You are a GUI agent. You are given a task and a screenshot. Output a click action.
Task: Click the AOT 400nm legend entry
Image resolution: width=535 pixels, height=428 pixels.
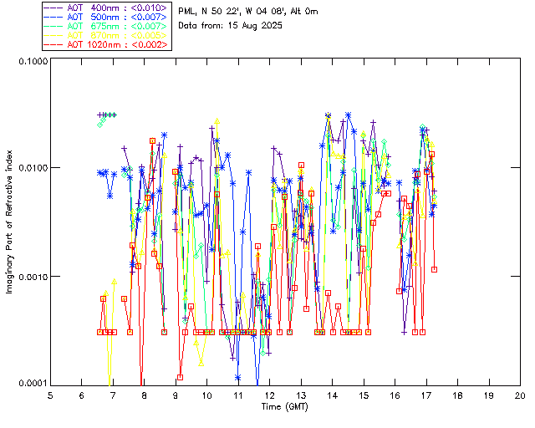[109, 8]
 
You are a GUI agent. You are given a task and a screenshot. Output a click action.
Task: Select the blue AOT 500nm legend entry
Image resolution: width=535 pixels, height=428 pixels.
[109, 17]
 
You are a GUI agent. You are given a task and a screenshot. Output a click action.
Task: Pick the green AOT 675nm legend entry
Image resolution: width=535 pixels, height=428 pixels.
[109, 26]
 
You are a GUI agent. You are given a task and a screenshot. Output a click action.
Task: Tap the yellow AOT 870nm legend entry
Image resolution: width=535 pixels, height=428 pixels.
[109, 35]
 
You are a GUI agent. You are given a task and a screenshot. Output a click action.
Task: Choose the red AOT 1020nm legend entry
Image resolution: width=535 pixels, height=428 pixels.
[109, 44]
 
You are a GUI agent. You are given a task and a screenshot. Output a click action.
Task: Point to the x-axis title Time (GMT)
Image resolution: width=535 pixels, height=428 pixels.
[285, 406]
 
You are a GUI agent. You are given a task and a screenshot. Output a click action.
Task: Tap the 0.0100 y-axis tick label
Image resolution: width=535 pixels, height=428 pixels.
[32, 169]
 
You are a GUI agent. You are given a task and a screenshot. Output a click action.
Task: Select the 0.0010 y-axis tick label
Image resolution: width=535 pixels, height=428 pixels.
[32, 277]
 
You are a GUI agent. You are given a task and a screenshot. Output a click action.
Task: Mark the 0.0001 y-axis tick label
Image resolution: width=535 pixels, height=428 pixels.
[32, 384]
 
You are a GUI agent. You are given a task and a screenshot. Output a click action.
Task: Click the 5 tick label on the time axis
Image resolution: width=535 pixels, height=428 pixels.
[50, 395]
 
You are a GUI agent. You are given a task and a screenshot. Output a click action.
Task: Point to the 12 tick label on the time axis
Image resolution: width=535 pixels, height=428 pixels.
[269, 395]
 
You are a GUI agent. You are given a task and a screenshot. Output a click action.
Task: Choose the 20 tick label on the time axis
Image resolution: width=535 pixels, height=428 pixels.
[520, 395]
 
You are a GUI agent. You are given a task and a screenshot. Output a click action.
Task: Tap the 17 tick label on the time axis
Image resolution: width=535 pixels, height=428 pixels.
[426, 395]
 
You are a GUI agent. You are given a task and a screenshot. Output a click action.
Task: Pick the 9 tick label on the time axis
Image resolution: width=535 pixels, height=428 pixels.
[176, 395]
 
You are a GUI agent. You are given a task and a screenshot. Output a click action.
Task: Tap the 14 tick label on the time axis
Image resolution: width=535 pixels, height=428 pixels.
[332, 395]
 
